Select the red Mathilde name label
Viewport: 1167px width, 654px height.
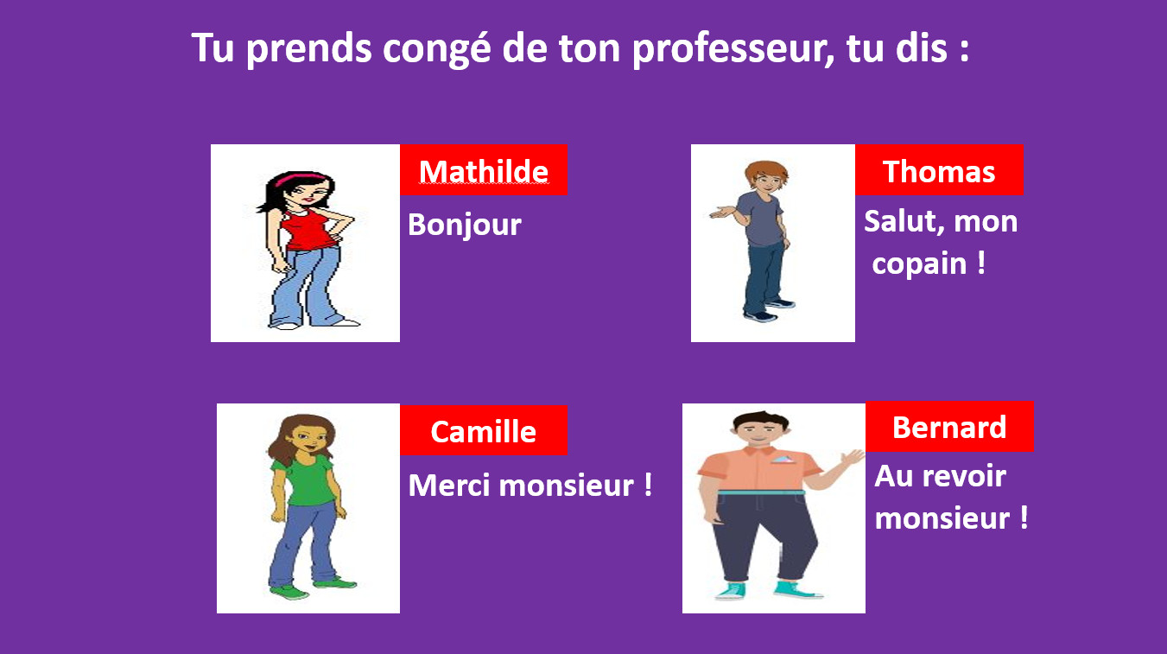pos(484,170)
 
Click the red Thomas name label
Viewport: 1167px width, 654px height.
pos(939,170)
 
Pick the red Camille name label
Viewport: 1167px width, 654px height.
pos(484,430)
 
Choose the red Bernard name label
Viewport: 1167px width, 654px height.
pos(949,427)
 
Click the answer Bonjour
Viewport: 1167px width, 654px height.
pos(465,225)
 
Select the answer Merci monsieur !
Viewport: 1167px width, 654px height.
pos(530,486)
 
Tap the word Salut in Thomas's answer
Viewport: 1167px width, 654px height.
pos(900,221)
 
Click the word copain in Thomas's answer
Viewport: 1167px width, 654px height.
pos(919,264)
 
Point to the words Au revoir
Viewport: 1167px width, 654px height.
pos(941,476)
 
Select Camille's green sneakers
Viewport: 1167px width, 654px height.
pos(312,587)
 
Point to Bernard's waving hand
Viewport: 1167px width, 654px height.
pos(853,460)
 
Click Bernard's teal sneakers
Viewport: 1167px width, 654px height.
pos(769,590)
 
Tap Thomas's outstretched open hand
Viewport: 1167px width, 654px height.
pos(722,213)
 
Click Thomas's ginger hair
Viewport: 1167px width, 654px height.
pos(766,171)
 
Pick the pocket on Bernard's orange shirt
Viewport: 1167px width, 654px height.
pos(783,460)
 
